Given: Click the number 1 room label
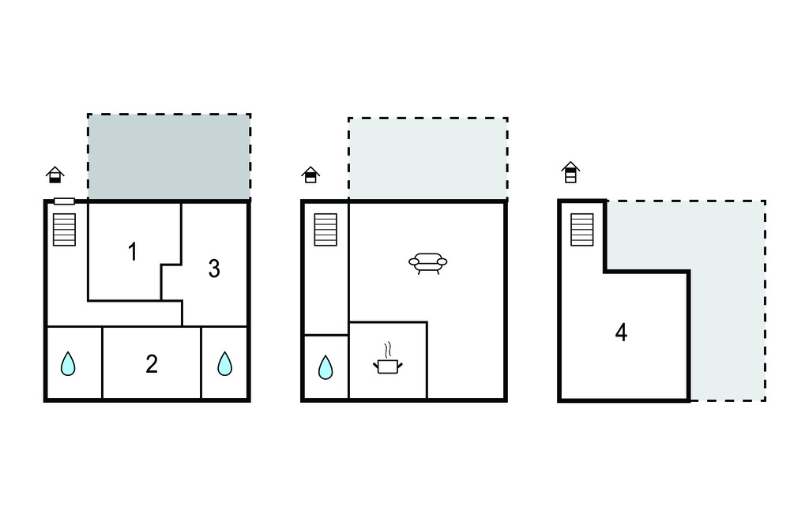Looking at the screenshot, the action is coord(133,252).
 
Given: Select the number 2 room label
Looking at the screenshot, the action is coord(152,364).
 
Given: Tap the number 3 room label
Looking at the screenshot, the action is coord(214,269).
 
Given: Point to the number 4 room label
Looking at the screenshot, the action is coord(621,333).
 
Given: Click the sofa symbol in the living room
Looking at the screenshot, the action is coord(427,263).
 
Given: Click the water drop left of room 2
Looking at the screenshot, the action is coord(68,364).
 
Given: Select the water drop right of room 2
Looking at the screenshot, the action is coord(224,364).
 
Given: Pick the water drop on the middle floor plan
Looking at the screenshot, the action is coord(325,367).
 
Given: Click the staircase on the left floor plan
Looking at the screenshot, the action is coord(65,230).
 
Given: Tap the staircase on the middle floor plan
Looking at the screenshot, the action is coord(325,230).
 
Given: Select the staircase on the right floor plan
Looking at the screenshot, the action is coord(582,230).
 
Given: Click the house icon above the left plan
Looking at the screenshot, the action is coord(55,175).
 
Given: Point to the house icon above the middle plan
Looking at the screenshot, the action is coord(310,175).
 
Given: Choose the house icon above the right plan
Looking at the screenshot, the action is coord(570,172).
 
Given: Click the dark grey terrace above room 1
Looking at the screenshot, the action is coord(169,156).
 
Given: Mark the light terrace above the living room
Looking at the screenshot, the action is coord(427,159).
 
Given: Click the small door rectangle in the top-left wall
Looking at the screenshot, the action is coord(65,201).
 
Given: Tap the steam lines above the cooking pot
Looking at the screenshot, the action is coord(387,349).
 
